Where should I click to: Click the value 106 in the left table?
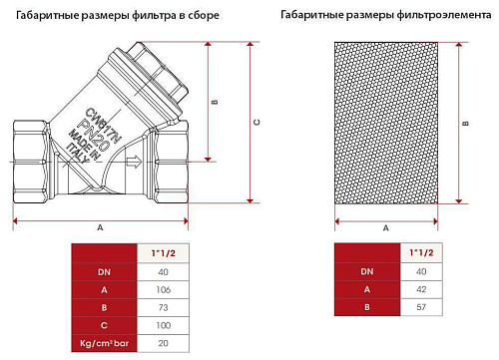point(164,290)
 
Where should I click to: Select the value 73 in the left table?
point(163,308)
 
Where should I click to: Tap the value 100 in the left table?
point(164,325)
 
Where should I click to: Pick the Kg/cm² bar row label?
point(104,343)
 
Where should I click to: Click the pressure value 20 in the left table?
point(163,343)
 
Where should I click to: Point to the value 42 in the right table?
point(421,289)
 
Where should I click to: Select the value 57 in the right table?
point(421,307)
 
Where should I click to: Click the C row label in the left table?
point(104,325)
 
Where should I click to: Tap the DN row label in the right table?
point(367,271)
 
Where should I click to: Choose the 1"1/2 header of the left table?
point(163,253)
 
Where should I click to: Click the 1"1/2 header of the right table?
point(421,252)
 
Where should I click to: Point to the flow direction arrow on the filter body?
point(134,162)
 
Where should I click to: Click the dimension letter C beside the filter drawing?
point(256,123)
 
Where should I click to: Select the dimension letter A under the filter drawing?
point(100,228)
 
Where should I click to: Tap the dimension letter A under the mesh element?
point(386,228)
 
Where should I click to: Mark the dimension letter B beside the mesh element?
point(466,124)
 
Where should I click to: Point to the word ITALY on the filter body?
point(78,154)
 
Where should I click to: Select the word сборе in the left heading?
point(204,15)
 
